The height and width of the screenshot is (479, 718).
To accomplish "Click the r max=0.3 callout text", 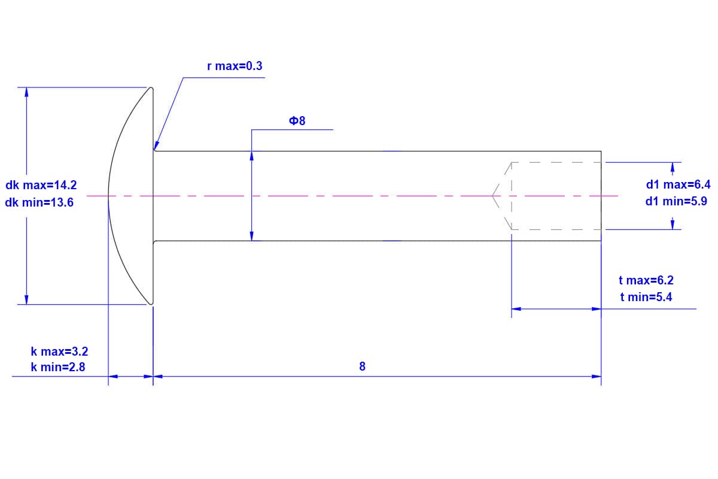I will click(x=235, y=66).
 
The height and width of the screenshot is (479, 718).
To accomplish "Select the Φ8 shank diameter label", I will click(x=297, y=121).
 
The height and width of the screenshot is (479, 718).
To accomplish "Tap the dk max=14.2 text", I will click(x=41, y=186).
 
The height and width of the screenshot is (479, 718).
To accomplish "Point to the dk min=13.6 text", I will click(x=39, y=202).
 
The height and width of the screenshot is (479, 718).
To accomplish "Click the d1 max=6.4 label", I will click(x=678, y=184).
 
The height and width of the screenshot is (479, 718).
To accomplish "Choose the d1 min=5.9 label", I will click(x=676, y=201).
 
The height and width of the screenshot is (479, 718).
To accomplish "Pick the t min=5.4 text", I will click(x=646, y=296).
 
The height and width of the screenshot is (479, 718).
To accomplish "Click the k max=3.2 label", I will click(x=59, y=351).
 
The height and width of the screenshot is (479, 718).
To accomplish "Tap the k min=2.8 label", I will click(x=58, y=368).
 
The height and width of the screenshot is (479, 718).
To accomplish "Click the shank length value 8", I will click(x=362, y=366).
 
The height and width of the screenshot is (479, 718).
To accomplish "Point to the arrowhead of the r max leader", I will click(x=156, y=145).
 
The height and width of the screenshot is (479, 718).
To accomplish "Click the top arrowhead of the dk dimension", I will click(x=26, y=92).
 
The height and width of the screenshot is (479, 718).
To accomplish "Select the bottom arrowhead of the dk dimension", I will click(x=26, y=299).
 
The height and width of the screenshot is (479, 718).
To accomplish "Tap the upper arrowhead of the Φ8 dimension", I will click(x=252, y=155).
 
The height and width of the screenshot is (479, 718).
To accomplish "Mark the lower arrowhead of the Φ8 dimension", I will click(x=252, y=236).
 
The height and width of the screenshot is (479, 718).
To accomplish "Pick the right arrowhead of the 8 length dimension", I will click(x=597, y=377).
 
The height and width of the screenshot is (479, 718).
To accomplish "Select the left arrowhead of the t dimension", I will click(x=516, y=309).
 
